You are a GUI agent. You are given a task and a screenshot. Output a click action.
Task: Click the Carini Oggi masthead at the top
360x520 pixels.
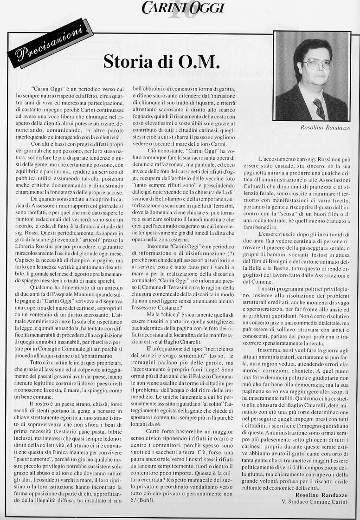pos(183,7)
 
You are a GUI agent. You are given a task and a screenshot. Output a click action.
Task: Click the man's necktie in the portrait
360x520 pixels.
pos(319,108)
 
